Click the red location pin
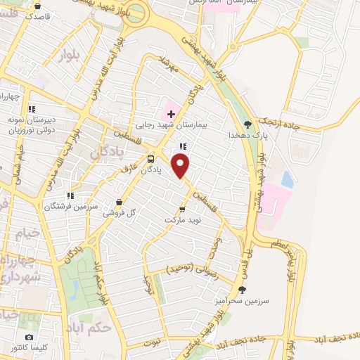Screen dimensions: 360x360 click(181, 167)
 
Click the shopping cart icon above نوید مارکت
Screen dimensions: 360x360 click(182, 208)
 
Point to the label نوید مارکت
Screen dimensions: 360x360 click(183, 220)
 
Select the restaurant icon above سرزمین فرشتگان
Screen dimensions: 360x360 click(69, 195)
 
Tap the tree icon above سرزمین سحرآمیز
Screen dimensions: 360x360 click(243, 288)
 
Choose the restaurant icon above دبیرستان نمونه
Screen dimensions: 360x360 click(31, 109)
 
